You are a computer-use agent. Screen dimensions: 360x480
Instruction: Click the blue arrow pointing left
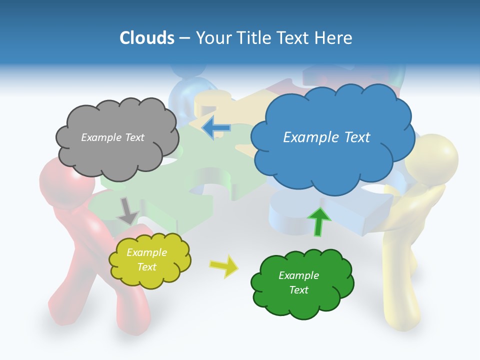coord(216,128)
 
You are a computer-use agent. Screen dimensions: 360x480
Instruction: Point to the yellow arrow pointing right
coord(224,266)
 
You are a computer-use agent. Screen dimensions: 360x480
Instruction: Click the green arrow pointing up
coord(319,221)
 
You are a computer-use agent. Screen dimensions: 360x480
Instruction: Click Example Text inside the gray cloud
coord(112,137)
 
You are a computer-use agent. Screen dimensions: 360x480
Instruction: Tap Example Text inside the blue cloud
coord(326,137)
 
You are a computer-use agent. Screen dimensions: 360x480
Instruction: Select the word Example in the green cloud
coord(298,275)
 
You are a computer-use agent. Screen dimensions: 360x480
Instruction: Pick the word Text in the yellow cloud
coord(146,267)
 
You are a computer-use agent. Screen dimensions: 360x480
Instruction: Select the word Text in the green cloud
coord(298,290)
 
